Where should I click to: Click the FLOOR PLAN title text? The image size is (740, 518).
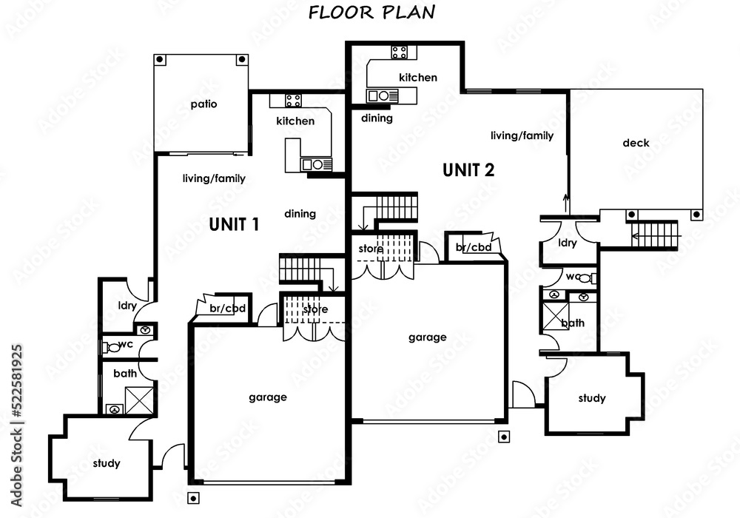coord(371,12)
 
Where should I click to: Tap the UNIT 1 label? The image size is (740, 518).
coord(233,223)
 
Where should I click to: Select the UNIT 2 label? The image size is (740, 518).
coord(468,169)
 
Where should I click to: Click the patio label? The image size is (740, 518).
coord(203,104)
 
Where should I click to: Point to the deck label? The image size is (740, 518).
coord(636,143)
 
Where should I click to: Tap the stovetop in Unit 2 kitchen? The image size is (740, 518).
coord(399,52)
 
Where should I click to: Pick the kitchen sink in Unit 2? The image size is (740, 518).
coord(383,95)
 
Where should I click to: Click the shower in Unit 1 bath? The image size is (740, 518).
coord(138,400)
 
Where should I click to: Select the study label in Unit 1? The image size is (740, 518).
coord(107,464)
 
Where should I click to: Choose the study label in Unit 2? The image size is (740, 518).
coord(591,398)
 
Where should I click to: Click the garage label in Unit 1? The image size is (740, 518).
coord(267,397)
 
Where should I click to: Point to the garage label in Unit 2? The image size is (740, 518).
coord(427,337)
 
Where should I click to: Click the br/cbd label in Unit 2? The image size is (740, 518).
coord(474,247)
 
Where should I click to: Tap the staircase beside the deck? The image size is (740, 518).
coord(654,236)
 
